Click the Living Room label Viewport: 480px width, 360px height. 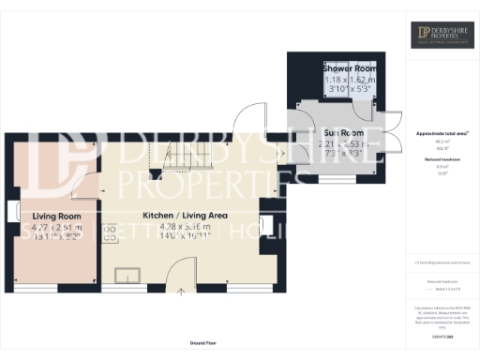click(x=57, y=216)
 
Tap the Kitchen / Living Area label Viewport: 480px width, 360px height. click(x=185, y=216)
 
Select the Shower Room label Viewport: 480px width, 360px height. click(x=349, y=69)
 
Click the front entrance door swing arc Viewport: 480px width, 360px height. click(x=174, y=270)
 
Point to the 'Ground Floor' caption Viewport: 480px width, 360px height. click(x=203, y=344)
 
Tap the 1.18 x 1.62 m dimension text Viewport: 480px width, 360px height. click(x=349, y=81)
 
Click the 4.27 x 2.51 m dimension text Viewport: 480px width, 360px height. click(x=57, y=226)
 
